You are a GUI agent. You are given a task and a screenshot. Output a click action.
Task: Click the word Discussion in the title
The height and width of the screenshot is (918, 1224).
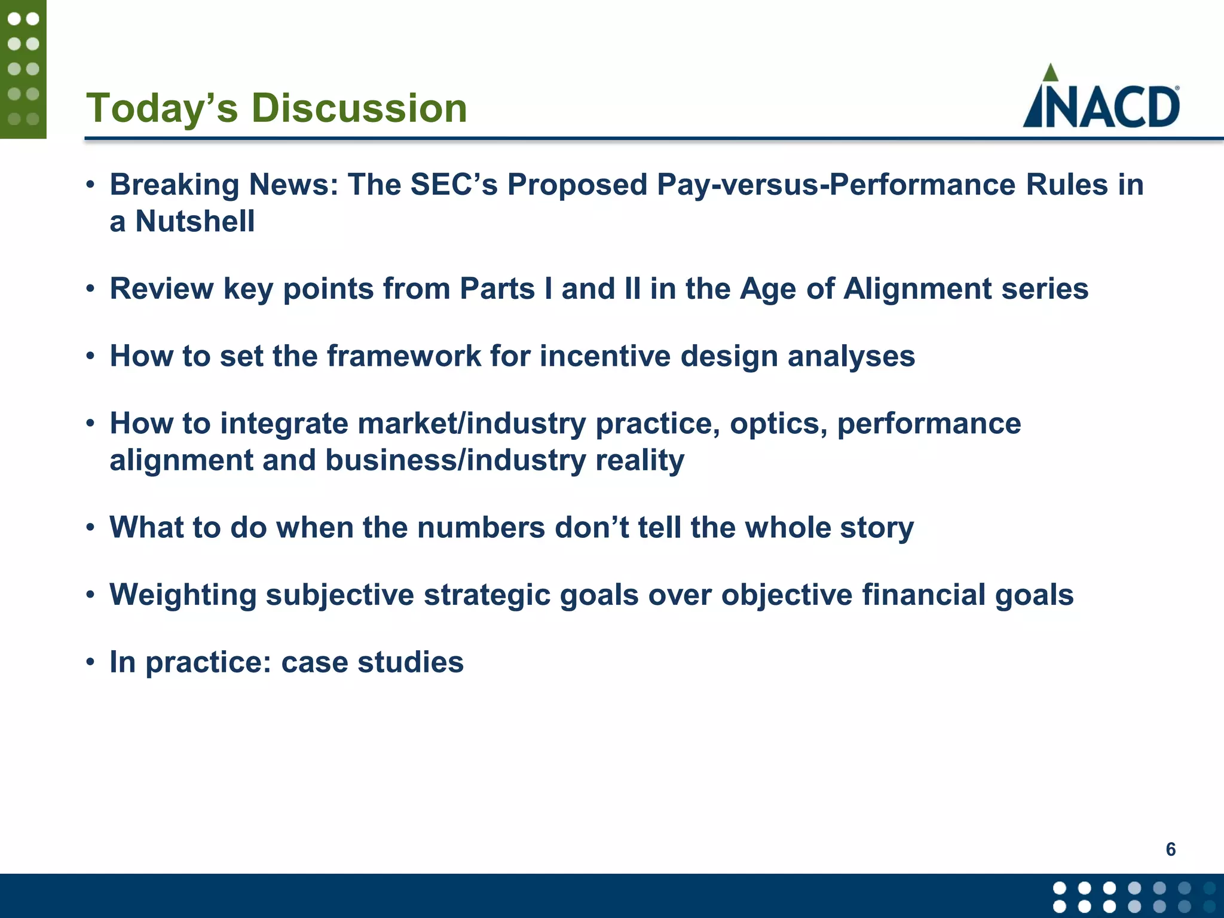point(359,109)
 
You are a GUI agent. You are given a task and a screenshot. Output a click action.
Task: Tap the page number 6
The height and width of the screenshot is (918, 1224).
point(1170,849)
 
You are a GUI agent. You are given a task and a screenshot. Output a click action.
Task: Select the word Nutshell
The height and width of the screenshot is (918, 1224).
point(195,221)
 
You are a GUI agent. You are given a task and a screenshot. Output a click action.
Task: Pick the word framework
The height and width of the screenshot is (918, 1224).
point(403,356)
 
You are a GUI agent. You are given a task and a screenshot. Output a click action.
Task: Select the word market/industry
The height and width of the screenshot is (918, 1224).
point(472,424)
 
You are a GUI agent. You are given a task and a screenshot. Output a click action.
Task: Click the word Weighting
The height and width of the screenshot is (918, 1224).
point(183,595)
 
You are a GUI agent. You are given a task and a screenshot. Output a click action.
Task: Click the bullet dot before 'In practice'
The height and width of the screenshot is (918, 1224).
point(90,662)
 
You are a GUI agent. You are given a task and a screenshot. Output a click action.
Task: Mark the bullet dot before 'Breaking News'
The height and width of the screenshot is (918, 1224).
point(90,184)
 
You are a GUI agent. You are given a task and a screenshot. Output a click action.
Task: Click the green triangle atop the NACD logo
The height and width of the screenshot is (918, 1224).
point(1050,73)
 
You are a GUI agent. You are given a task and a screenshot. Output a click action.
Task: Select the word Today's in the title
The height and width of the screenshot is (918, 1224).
point(162,109)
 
